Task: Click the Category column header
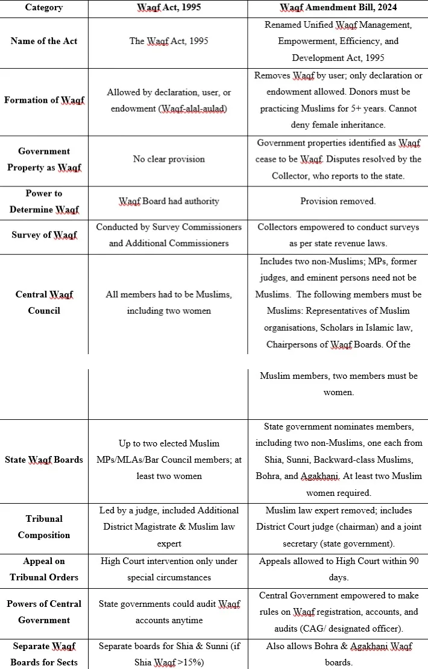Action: (x=43, y=8)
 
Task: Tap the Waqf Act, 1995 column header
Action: (x=168, y=8)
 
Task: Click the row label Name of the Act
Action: (x=43, y=41)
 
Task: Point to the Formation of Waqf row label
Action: (x=43, y=100)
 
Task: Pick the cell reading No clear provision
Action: (x=169, y=159)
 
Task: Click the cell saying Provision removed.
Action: (x=338, y=201)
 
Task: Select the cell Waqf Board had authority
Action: (x=169, y=201)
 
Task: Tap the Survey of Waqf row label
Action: (x=43, y=235)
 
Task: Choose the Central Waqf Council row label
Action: (x=43, y=303)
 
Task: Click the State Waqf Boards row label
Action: (x=43, y=460)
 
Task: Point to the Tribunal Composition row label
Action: (x=43, y=527)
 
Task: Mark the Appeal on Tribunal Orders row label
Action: (x=43, y=569)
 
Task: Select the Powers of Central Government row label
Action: (x=43, y=612)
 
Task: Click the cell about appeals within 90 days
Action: (x=338, y=569)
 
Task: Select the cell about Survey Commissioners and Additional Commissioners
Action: (x=169, y=235)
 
